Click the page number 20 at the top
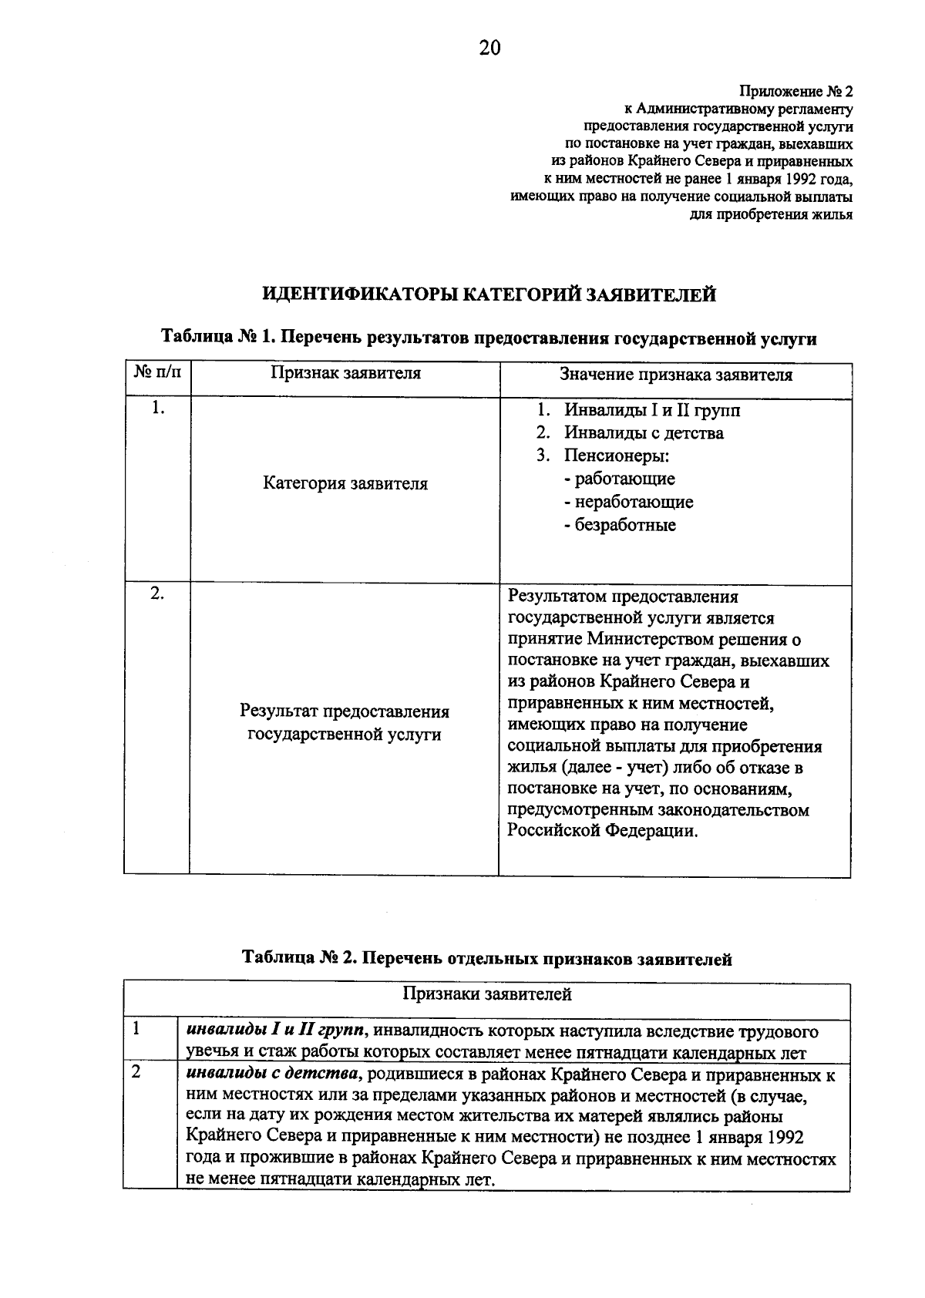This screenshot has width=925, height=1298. (489, 49)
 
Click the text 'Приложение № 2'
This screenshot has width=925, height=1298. (795, 92)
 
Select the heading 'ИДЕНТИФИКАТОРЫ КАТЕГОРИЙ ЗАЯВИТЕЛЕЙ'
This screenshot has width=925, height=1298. (489, 294)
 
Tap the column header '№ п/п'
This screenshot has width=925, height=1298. (157, 373)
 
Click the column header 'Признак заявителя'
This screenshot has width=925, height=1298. (345, 373)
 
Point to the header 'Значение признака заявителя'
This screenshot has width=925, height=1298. (675, 375)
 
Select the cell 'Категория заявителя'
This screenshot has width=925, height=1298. (345, 484)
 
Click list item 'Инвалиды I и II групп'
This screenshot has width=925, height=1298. (652, 410)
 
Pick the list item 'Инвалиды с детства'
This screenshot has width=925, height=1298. (644, 433)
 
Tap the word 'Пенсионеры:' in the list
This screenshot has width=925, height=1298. (616, 456)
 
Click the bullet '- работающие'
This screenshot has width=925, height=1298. (619, 479)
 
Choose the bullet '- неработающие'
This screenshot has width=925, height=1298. (628, 502)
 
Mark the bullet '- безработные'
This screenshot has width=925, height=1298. (620, 525)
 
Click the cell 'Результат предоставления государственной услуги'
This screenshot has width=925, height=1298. (345, 723)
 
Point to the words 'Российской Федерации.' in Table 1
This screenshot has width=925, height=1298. (603, 831)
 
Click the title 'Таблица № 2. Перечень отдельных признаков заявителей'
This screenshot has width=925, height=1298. (487, 959)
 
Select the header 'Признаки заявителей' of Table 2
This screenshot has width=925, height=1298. (487, 994)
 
